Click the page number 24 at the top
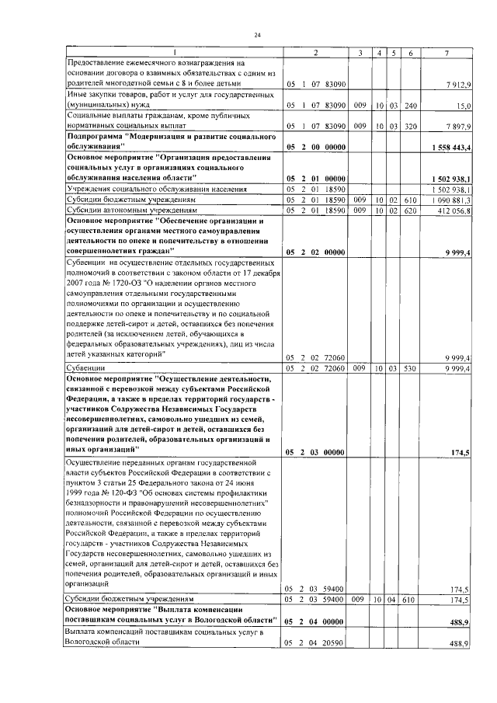pyautogui.click(x=257, y=34)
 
